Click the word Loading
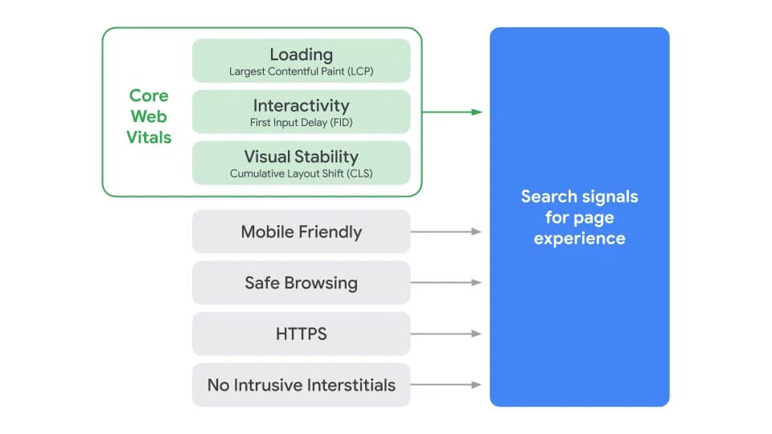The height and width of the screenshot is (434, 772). (301, 55)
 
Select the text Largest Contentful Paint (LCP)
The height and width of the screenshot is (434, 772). (301, 72)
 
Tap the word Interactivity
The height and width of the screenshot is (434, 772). (301, 105)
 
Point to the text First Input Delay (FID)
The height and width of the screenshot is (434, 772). (301, 123)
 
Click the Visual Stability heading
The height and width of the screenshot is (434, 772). (301, 157)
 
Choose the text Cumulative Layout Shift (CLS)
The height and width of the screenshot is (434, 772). (301, 174)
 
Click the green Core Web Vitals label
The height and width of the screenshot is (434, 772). (149, 117)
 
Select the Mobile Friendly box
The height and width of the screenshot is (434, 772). (301, 231)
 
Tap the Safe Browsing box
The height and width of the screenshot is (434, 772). (301, 283)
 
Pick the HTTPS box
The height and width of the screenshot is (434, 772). (301, 334)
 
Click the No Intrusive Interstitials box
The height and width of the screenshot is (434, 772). (301, 385)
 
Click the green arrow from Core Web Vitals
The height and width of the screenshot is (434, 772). (452, 112)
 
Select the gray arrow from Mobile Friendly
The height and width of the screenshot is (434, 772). (446, 231)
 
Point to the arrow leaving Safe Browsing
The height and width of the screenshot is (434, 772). (446, 283)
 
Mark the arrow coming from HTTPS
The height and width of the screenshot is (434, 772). (446, 334)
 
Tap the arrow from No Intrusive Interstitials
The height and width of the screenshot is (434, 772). (446, 385)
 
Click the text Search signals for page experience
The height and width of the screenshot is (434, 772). (579, 217)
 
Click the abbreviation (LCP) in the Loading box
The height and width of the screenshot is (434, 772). (359, 72)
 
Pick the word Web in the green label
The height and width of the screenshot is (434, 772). (149, 117)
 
